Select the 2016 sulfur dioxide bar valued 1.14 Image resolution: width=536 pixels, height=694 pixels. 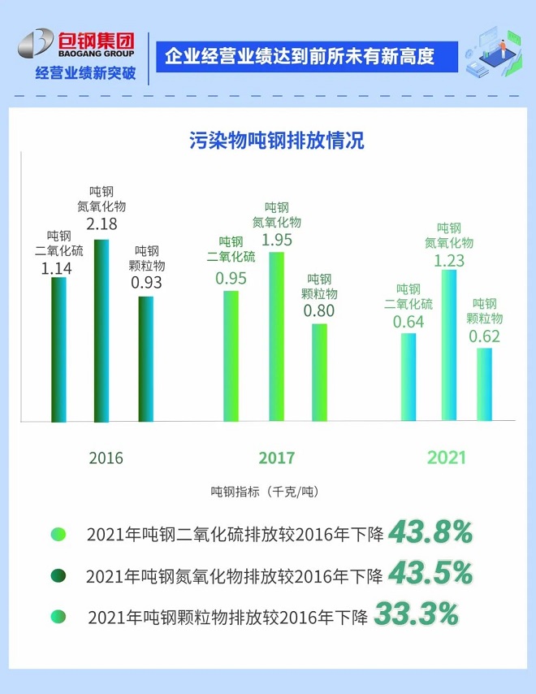coord(58,349)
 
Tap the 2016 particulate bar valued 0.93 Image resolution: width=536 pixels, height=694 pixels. coord(145,358)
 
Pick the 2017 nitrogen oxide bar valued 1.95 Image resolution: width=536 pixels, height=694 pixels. coord(276,336)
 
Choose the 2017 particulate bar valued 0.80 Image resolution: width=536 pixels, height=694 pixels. coord(319,372)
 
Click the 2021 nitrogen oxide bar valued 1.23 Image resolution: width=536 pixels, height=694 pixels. coord(449,345)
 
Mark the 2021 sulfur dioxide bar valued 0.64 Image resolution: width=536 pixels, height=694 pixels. coord(408,377)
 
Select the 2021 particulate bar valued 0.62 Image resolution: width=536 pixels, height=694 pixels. coord(484,384)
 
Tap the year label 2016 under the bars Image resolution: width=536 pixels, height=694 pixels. coord(106,458)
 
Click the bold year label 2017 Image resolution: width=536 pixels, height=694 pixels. coord(276,458)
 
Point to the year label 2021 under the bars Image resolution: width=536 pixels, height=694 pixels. coord(446,458)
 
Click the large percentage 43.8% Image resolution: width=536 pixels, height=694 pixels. coord(430,532)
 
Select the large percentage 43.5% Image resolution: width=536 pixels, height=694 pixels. coord(430,574)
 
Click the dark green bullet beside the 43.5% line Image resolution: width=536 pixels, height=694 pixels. coord(58,575)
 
